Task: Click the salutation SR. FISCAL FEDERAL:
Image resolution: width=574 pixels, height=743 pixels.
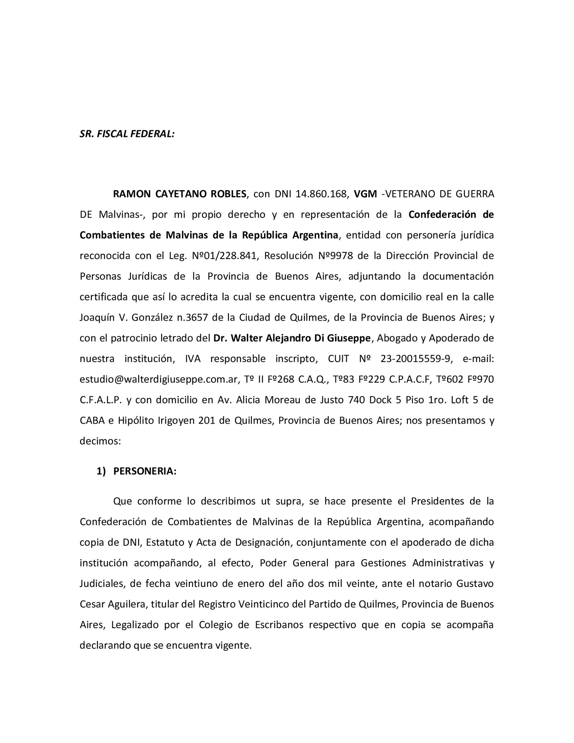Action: click(x=127, y=134)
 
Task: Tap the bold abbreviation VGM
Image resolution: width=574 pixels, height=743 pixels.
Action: click(x=365, y=194)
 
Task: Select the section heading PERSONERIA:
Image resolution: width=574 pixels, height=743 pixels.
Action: click(x=145, y=471)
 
